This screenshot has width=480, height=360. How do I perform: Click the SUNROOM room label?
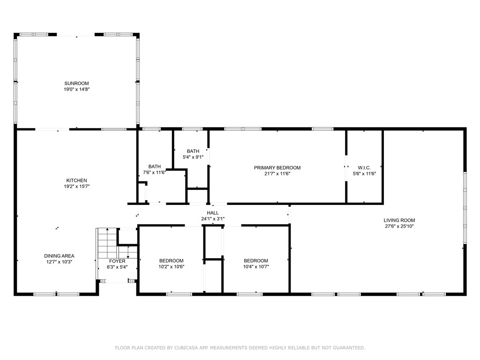click(76, 83)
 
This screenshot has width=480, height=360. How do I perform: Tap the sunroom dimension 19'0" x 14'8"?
click(76, 89)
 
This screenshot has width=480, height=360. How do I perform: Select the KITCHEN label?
click(76, 180)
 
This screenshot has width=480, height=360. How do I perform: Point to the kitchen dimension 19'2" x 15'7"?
click(76, 186)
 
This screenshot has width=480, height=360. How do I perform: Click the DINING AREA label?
click(59, 256)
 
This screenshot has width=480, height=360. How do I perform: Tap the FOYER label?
click(117, 261)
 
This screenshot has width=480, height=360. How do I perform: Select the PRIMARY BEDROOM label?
click(277, 168)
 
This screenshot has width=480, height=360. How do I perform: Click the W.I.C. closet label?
click(364, 168)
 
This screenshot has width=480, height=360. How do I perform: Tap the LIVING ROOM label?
click(399, 220)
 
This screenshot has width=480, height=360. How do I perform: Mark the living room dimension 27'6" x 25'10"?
click(399, 226)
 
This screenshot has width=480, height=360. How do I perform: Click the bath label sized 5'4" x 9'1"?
click(193, 151)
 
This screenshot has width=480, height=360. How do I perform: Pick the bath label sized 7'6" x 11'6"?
click(155, 166)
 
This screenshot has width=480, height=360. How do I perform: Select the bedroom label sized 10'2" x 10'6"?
click(171, 261)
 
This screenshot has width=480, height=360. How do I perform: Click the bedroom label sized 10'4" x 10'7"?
click(255, 261)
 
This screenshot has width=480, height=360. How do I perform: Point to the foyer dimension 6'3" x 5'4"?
click(117, 267)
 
